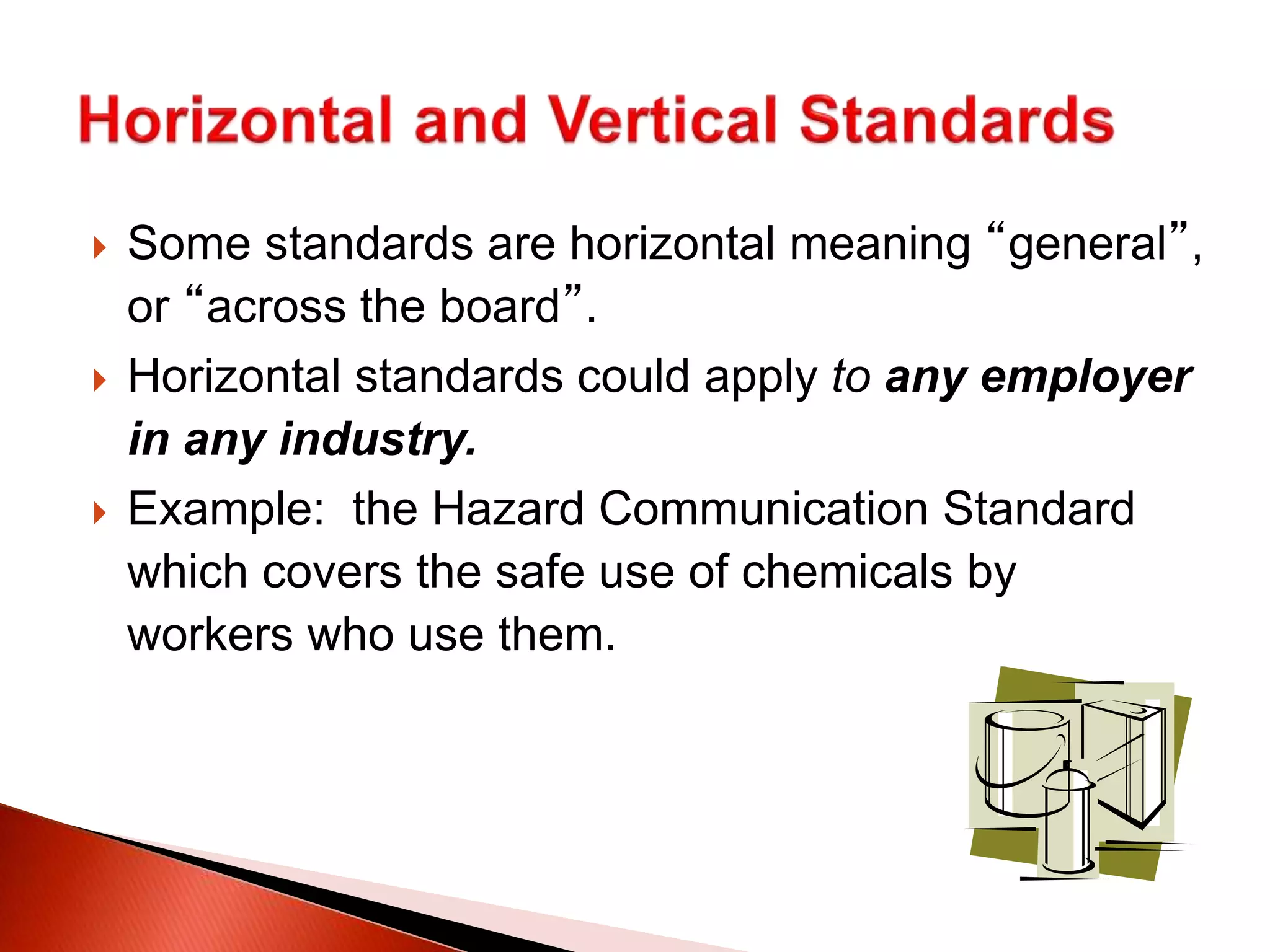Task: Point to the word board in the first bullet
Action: click(500, 306)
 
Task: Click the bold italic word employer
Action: click(1086, 377)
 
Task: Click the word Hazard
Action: click(508, 509)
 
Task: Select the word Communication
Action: click(763, 509)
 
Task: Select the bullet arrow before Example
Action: click(99, 513)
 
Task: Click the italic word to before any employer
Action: click(851, 377)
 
